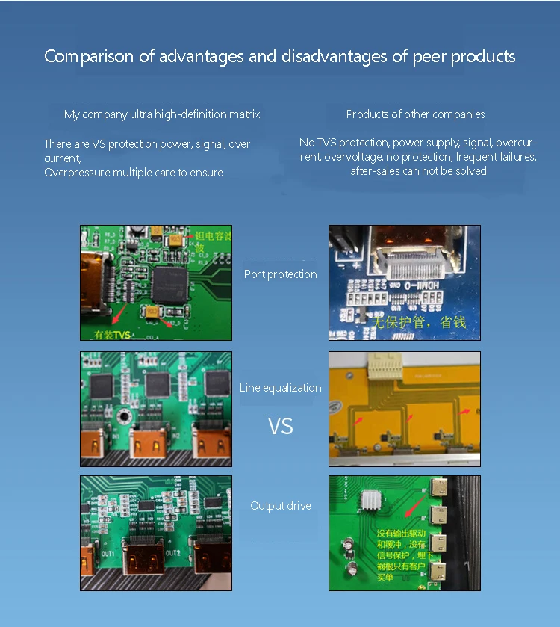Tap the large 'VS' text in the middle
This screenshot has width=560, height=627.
tap(280, 427)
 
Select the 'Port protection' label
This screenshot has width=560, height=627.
tap(280, 274)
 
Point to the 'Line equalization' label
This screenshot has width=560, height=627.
tap(280, 388)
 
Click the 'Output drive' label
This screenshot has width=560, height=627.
tap(280, 506)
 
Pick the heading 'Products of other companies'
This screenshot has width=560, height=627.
tap(415, 114)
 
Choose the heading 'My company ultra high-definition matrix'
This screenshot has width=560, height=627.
tap(162, 114)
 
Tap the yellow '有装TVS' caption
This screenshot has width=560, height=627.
tap(111, 333)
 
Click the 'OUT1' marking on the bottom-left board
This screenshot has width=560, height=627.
tap(109, 552)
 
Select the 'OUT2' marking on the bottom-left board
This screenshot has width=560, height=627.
tap(173, 552)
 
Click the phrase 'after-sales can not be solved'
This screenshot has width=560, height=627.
tap(418, 171)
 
